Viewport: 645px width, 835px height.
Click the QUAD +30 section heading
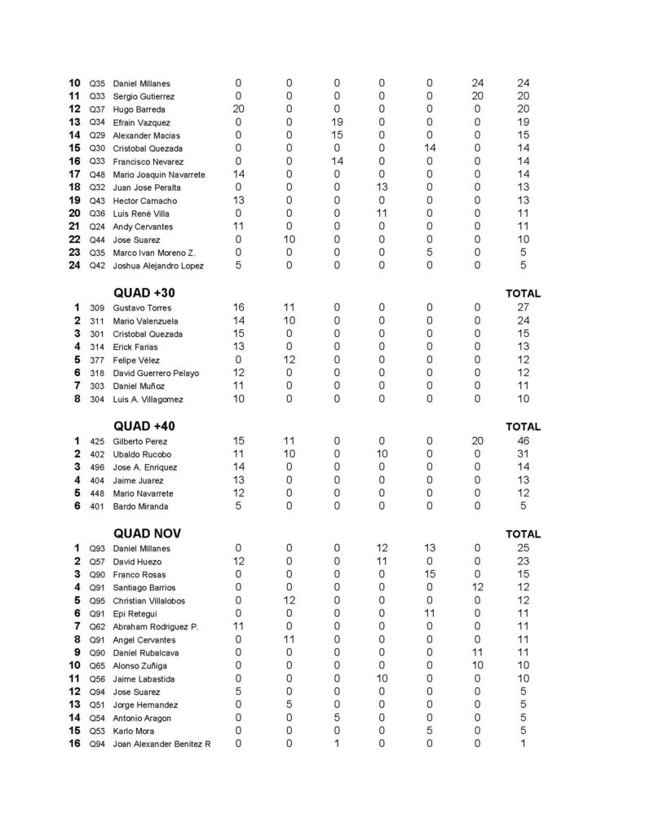click(144, 293)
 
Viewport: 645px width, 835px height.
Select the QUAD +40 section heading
click(144, 426)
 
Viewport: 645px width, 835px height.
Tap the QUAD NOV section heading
click(147, 533)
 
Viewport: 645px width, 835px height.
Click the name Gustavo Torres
click(136, 308)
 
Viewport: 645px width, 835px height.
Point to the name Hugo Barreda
click(139, 109)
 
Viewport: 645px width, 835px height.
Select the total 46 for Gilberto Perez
click(523, 441)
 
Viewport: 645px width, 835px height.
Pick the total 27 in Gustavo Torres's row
click(523, 308)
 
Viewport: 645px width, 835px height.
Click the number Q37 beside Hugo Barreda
click(97, 109)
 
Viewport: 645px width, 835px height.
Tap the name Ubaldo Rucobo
click(137, 454)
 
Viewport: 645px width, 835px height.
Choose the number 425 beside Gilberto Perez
click(97, 441)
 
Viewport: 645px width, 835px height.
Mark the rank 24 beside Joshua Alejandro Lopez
click(74, 265)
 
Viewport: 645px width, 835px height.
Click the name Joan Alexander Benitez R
click(161, 744)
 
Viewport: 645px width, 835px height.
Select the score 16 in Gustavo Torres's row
click(238, 308)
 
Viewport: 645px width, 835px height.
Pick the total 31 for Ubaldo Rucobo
click(523, 454)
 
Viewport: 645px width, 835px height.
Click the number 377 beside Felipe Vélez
click(97, 360)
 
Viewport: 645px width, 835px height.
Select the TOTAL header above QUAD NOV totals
click(523, 534)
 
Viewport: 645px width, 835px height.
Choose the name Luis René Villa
click(140, 214)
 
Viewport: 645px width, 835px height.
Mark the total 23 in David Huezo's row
click(523, 562)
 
